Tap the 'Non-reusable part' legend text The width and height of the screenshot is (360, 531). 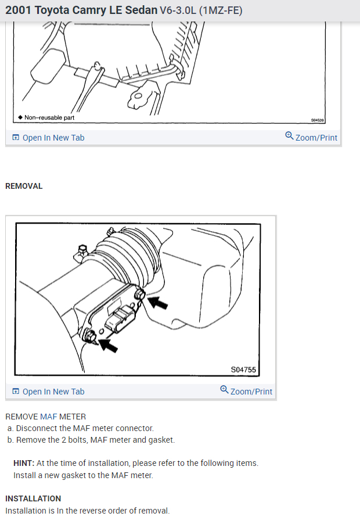pyautogui.click(x=49, y=117)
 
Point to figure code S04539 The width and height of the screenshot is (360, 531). pyautogui.click(x=317, y=119)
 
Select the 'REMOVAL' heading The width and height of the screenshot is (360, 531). pyautogui.click(x=24, y=186)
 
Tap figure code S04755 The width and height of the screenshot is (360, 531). pyautogui.click(x=243, y=369)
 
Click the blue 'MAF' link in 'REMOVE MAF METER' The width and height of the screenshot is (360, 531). pyautogui.click(x=48, y=417)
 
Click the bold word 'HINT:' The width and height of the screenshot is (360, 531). pyautogui.click(x=24, y=463)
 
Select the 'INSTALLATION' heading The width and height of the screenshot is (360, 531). pyautogui.click(x=33, y=498)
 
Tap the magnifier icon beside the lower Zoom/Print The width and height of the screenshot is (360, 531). pyautogui.click(x=224, y=390)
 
